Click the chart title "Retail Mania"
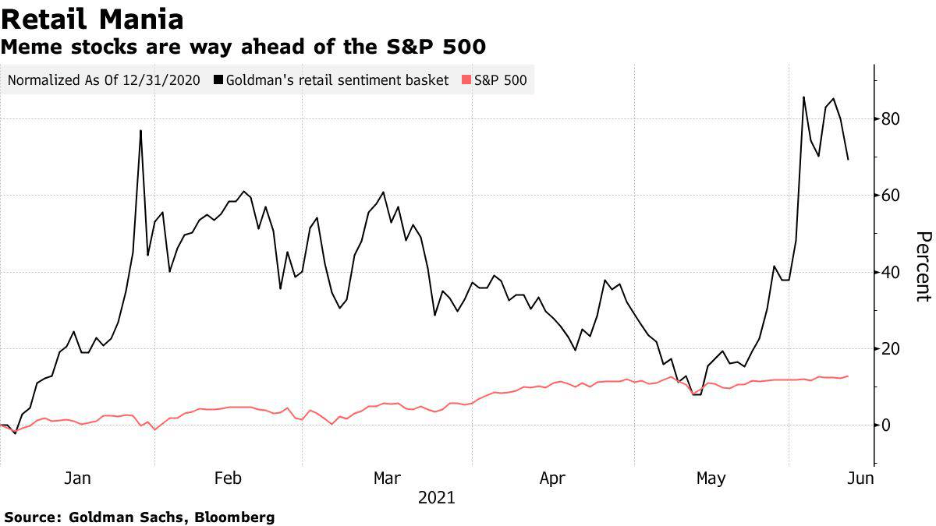tap(93, 19)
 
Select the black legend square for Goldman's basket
tap(218, 79)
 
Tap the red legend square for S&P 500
tap(466, 79)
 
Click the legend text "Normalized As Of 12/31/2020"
tap(103, 79)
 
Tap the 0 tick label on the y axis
tap(887, 425)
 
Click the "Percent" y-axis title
tap(923, 266)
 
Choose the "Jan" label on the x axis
tap(76, 478)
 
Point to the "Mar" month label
tap(388, 478)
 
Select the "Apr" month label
tap(552, 478)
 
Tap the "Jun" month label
tap(861, 478)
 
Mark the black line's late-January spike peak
tap(140, 130)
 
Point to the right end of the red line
tap(849, 376)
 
